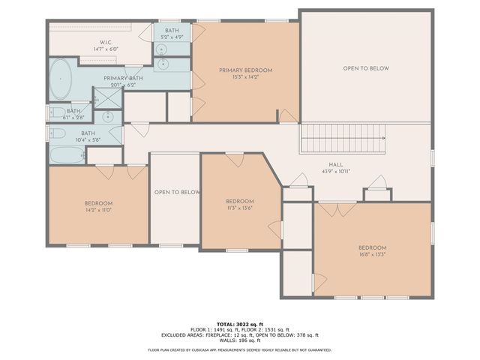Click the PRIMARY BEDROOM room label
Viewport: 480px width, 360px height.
[245, 70]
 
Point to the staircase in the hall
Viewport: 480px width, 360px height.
[342, 139]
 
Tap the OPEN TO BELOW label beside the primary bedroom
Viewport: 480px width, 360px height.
[366, 68]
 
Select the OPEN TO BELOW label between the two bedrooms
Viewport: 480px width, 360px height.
[177, 192]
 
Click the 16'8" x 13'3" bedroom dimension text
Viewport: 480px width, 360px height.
[372, 254]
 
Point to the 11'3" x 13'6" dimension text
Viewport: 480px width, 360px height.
[240, 208]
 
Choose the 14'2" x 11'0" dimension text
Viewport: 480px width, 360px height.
[98, 210]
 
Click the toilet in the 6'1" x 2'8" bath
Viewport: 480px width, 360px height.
[57, 114]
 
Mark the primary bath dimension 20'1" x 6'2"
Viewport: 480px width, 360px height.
[124, 85]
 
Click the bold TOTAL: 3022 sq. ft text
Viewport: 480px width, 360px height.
[239, 323]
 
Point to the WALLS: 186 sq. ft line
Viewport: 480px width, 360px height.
[239, 340]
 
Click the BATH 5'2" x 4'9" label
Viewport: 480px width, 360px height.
[172, 34]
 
